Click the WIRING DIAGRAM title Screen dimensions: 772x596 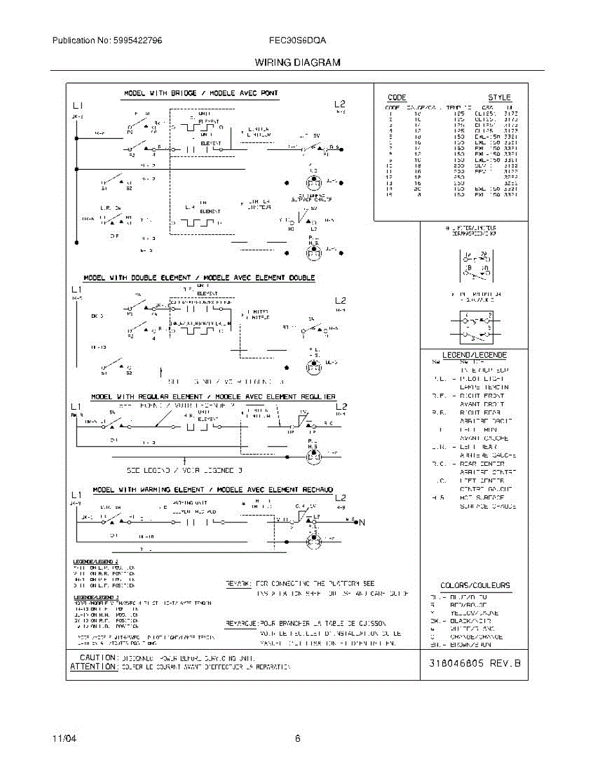click(x=297, y=62)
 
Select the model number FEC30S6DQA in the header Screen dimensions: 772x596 click(x=298, y=40)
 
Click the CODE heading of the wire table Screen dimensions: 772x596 click(x=397, y=98)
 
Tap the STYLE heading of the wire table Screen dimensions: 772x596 click(x=499, y=98)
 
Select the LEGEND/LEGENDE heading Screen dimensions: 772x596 click(x=474, y=355)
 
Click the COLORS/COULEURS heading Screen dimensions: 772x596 click(x=474, y=585)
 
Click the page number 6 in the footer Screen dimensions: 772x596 click(x=298, y=739)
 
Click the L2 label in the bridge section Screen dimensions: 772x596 click(x=340, y=104)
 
